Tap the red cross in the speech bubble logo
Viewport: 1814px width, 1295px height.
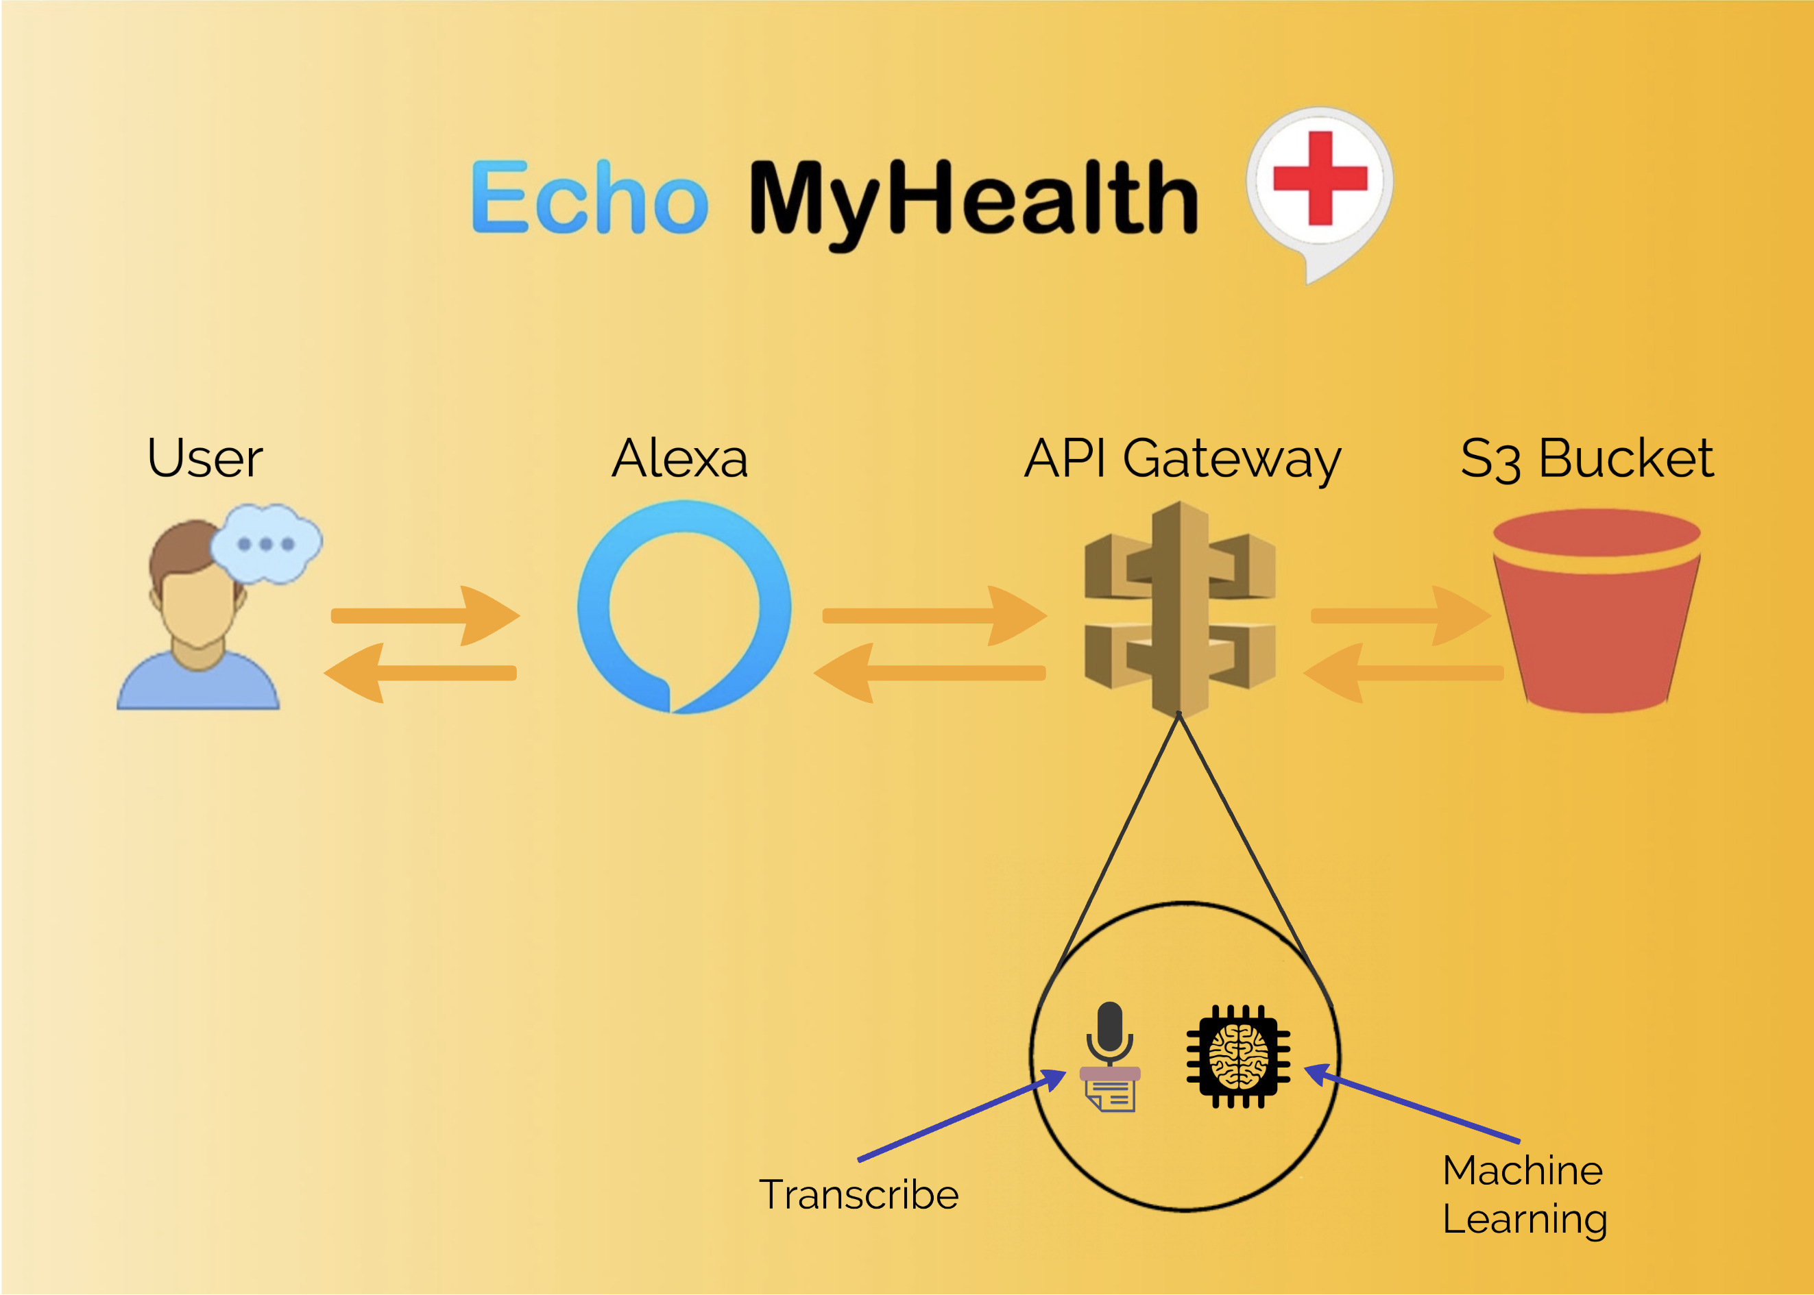(x=1320, y=178)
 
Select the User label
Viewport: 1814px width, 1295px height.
(x=205, y=458)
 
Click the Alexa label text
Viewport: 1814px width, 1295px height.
(x=679, y=458)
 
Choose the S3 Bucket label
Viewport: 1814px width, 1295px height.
(x=1586, y=458)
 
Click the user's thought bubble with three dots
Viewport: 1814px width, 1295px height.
(x=267, y=543)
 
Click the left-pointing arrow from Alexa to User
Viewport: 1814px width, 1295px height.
(x=420, y=673)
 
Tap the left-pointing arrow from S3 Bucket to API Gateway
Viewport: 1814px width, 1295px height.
(x=1404, y=673)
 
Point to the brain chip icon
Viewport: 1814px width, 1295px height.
(x=1238, y=1056)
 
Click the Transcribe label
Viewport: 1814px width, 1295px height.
(x=858, y=1194)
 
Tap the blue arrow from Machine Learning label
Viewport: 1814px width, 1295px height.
(x=1412, y=1105)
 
